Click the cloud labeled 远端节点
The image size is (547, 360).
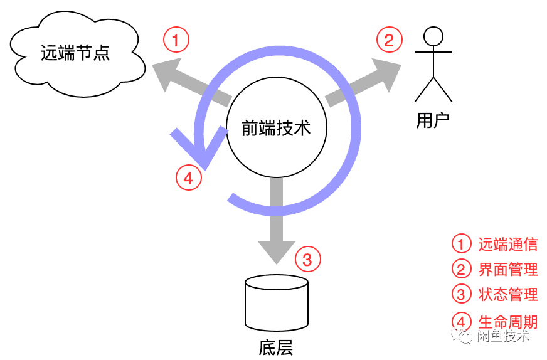(x=75, y=54)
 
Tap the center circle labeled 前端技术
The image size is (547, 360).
(x=276, y=129)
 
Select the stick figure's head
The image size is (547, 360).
(x=432, y=37)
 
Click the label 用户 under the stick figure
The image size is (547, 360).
(x=433, y=120)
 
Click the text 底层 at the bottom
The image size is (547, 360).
(x=275, y=347)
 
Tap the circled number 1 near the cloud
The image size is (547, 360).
(x=176, y=41)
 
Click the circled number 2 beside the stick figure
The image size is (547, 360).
(x=389, y=41)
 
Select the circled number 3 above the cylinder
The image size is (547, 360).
(x=307, y=258)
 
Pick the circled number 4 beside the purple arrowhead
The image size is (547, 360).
(x=188, y=178)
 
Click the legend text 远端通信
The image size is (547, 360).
(x=507, y=245)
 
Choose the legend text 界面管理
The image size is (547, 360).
(x=507, y=270)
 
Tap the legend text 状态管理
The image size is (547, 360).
(x=507, y=295)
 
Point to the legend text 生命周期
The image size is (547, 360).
(x=507, y=322)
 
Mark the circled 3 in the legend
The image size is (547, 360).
(x=461, y=295)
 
